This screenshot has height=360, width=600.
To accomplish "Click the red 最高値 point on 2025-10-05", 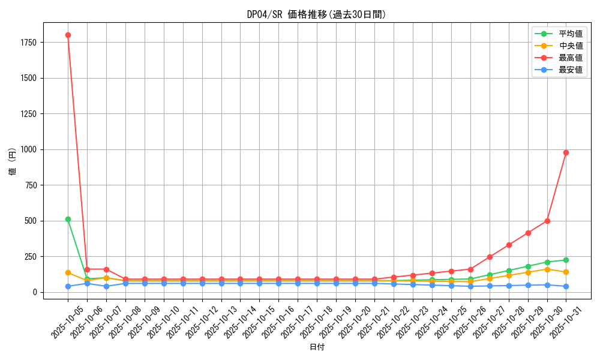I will (68, 35).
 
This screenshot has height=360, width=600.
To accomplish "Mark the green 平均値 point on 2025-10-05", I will (68, 219).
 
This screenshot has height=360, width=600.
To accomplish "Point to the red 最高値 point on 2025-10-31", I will (566, 152).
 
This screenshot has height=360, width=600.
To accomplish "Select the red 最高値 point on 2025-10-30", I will (547, 221).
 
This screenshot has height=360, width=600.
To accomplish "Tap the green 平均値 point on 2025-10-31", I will (566, 260).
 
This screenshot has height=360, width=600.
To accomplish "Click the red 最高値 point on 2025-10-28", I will (509, 245).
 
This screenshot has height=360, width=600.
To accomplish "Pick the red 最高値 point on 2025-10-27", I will (490, 257).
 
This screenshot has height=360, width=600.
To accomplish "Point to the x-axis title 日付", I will (317, 347).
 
